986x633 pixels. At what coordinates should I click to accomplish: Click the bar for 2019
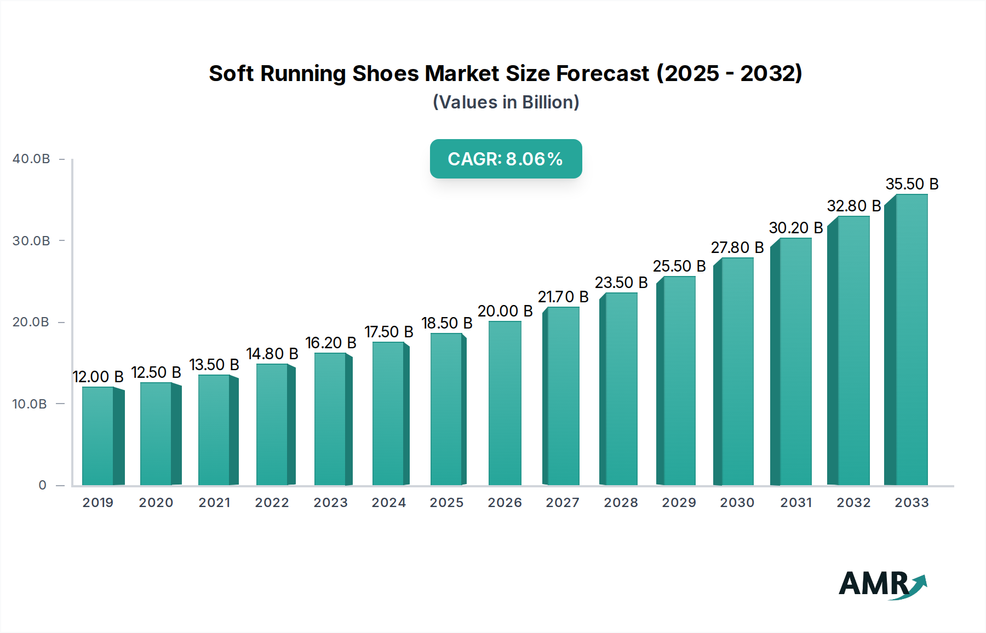pyautogui.click(x=98, y=436)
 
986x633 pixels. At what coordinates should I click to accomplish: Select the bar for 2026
pyautogui.click(x=505, y=403)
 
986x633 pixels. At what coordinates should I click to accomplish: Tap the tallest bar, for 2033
pyautogui.click(x=912, y=339)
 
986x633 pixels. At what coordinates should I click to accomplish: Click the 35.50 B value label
pyautogui.click(x=912, y=184)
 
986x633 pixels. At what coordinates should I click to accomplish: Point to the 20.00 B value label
pyautogui.click(x=505, y=311)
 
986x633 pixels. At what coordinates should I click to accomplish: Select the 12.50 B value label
pyautogui.click(x=156, y=372)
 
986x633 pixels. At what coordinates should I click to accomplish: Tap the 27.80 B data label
pyautogui.click(x=737, y=248)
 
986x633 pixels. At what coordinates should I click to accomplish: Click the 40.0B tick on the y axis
pyautogui.click(x=31, y=159)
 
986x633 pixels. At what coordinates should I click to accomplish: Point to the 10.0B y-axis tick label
pyautogui.click(x=30, y=404)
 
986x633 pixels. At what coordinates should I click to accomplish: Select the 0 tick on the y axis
pyautogui.click(x=42, y=485)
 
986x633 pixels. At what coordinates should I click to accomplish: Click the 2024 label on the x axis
pyautogui.click(x=389, y=503)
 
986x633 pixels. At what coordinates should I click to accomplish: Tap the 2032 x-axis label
pyautogui.click(x=853, y=503)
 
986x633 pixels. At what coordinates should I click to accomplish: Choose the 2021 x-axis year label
pyautogui.click(x=214, y=503)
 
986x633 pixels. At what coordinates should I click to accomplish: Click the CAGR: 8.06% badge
pyautogui.click(x=506, y=159)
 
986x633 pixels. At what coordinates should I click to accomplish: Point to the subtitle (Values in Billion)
pyautogui.click(x=506, y=102)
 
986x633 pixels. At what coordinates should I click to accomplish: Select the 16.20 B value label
pyautogui.click(x=331, y=343)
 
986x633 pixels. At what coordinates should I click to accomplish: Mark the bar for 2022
pyautogui.click(x=272, y=424)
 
